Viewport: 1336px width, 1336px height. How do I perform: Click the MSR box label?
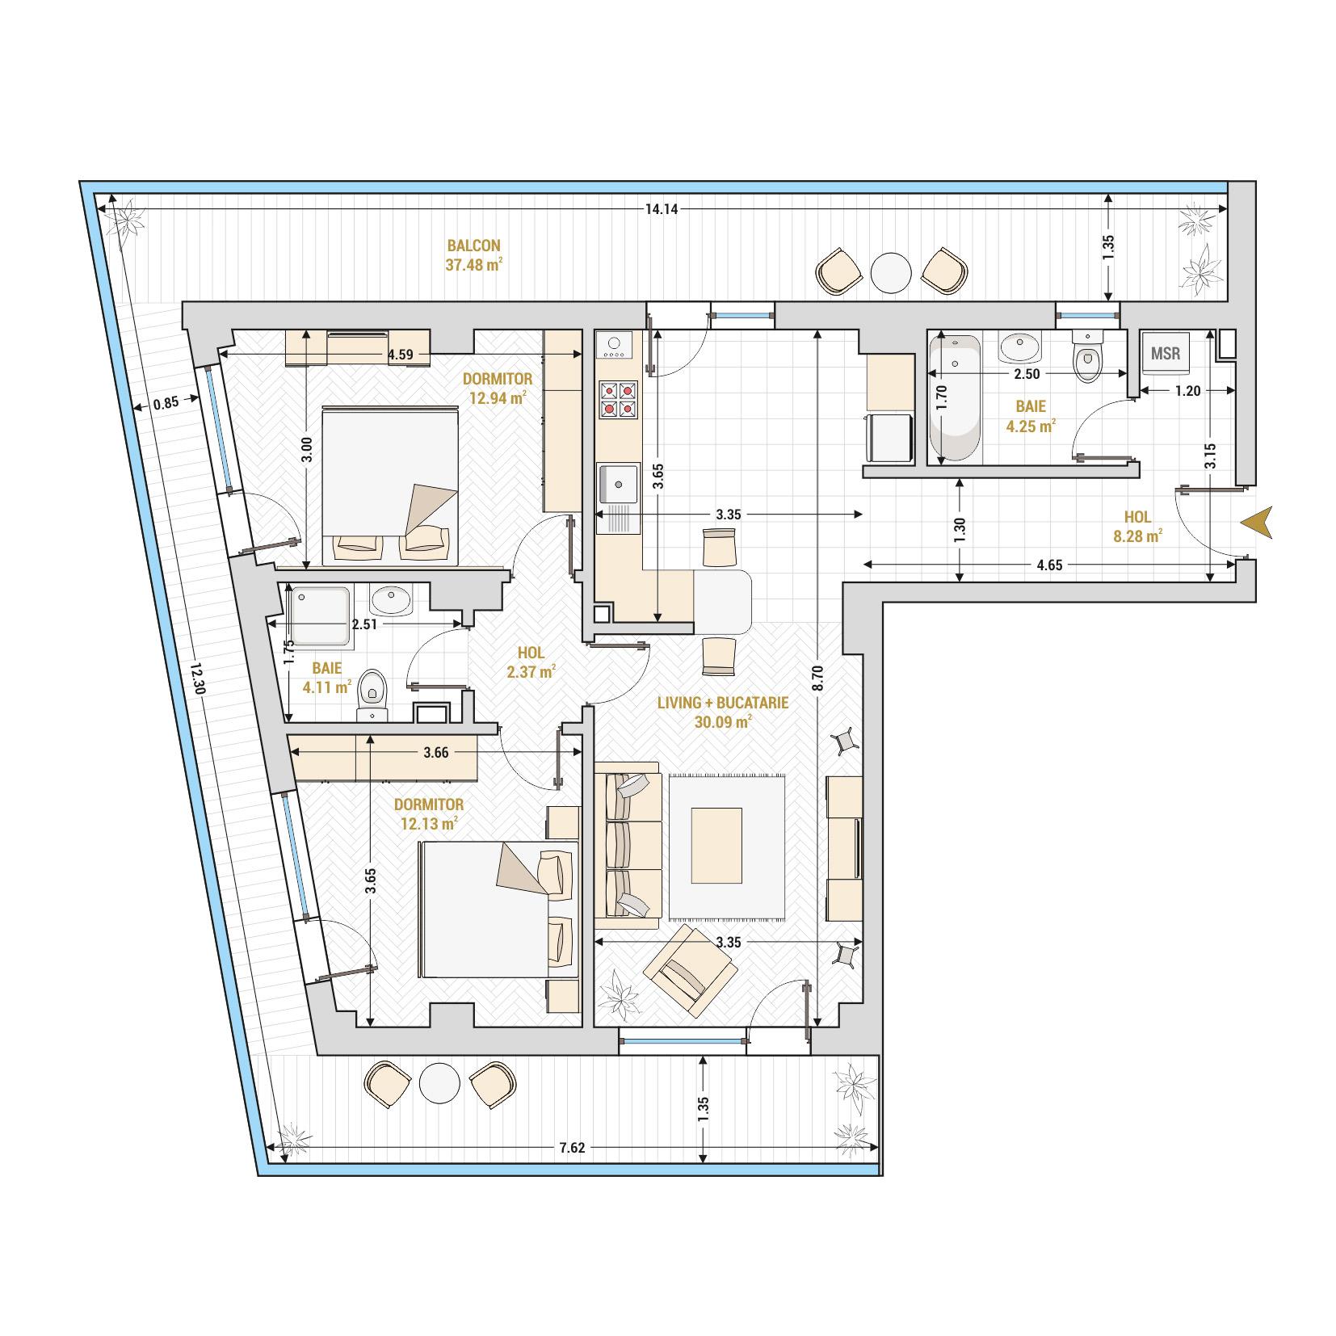tap(1165, 353)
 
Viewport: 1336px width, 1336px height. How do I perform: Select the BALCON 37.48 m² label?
tap(474, 254)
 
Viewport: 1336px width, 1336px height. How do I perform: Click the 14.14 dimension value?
tap(661, 209)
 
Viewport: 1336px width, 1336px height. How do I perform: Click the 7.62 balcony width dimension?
tap(571, 1147)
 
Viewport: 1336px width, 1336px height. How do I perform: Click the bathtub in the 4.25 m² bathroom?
tap(956, 399)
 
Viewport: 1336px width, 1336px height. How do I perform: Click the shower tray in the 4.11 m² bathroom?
tap(321, 618)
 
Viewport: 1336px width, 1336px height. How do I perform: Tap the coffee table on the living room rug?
tap(716, 846)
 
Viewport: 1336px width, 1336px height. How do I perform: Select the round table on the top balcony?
tap(892, 273)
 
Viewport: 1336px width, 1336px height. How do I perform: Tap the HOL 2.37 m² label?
tap(531, 662)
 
